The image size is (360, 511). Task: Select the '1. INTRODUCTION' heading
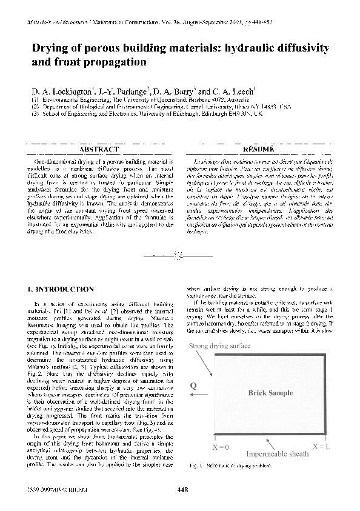pos(61,290)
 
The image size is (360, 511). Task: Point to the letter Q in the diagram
pos(193,384)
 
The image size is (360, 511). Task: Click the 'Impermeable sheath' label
pos(276,453)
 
